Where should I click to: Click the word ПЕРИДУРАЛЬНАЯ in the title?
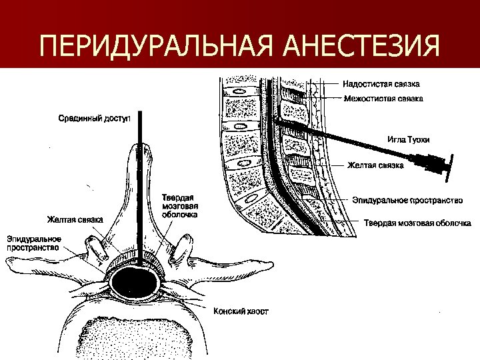(156, 47)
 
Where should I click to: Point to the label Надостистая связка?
(381, 85)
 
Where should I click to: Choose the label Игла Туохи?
(408, 140)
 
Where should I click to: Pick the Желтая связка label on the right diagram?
(375, 165)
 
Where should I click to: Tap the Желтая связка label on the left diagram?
(74, 219)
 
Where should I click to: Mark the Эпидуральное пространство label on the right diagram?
(407, 200)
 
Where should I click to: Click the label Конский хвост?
(241, 311)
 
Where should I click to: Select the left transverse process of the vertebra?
(40, 265)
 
